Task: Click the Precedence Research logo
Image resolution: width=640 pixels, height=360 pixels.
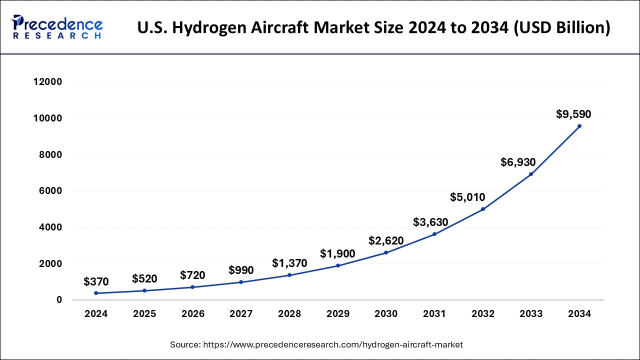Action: (57, 27)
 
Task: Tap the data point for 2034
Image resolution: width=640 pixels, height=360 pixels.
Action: (579, 126)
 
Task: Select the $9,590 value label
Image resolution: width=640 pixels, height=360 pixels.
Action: (573, 114)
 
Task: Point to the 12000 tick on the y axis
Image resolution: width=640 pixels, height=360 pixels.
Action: (47, 82)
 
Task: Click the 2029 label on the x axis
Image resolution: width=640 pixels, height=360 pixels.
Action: (338, 314)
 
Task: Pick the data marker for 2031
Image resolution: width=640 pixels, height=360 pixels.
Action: (434, 234)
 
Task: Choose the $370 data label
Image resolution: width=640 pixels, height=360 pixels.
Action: (96, 282)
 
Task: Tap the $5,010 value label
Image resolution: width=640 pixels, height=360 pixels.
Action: (467, 197)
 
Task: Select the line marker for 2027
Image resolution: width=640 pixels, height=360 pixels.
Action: (241, 282)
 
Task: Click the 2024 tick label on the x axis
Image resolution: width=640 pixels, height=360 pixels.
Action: (96, 314)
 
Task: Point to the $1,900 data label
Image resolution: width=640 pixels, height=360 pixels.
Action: (337, 254)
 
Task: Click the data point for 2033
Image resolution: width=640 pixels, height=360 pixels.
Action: (531, 174)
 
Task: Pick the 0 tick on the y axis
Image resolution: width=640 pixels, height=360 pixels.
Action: (59, 300)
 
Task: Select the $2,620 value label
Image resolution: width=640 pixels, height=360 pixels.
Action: (386, 241)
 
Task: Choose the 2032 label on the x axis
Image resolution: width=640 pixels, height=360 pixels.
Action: (483, 314)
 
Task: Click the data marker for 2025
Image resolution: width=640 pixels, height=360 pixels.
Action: (144, 290)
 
